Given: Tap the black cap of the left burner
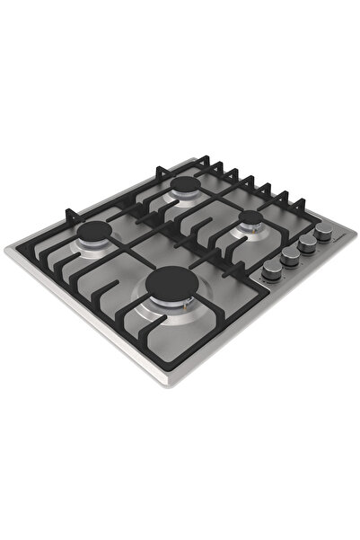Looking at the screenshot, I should (x=94, y=234).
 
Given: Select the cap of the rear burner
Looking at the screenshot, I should (x=187, y=187).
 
